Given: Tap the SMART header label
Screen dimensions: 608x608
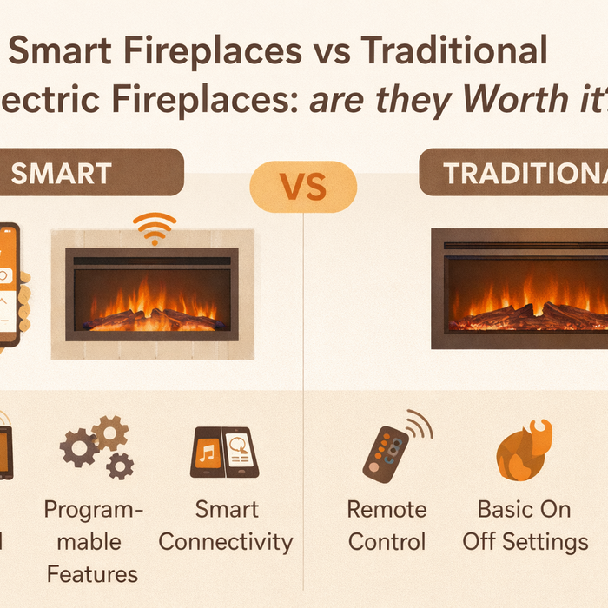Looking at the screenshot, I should click(x=61, y=173).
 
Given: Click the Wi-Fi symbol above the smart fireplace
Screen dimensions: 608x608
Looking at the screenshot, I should click(x=154, y=229).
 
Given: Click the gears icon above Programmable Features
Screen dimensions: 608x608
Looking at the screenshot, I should click(x=96, y=446).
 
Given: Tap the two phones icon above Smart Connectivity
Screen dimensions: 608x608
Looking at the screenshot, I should click(x=224, y=453).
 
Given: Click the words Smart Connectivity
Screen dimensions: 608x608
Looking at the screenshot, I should click(x=226, y=525).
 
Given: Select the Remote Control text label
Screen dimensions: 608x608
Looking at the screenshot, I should click(x=387, y=525).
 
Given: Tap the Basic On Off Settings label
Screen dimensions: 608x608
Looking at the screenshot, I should click(x=525, y=525).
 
